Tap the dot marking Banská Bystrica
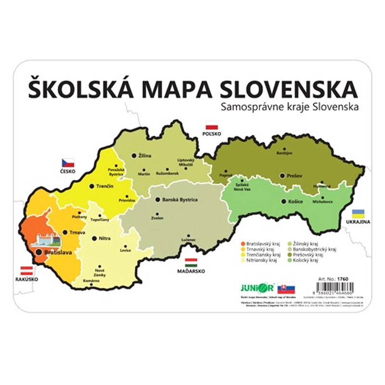(x=157, y=199)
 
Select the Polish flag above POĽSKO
(x=210, y=125)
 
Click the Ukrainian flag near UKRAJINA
(x=358, y=214)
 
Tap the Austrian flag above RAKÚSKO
(x=26, y=270)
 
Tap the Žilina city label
(x=144, y=156)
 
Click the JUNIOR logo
(x=257, y=288)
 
